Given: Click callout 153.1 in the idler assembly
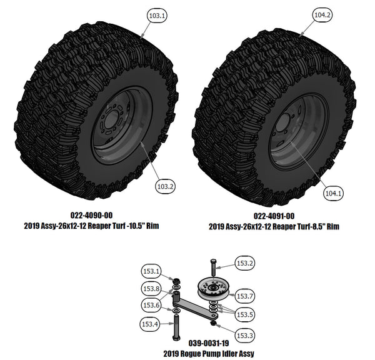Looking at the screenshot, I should [151, 271].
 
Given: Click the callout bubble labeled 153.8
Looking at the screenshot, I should [151, 288].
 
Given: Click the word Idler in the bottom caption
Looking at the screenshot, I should [234, 354].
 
